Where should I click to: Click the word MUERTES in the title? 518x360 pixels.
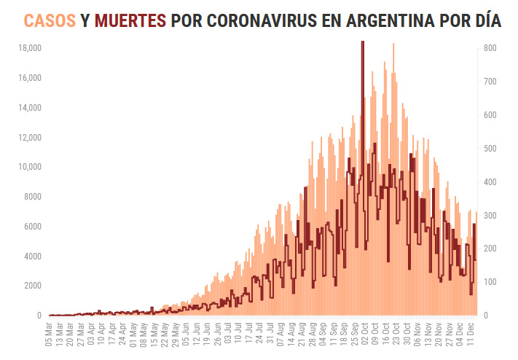pos(129,20)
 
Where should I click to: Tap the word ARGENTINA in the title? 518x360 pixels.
pos(374,20)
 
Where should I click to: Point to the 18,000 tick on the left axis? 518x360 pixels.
pos(29,48)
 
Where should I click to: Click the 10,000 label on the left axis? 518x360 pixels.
pos(29,167)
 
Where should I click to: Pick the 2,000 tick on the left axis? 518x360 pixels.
pos(31,286)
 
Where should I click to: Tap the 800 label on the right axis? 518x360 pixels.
pos(489,48)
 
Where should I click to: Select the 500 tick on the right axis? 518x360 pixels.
pos(489,149)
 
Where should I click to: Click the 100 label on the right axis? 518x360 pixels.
pos(489,282)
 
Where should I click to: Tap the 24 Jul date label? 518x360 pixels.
pos(259,335)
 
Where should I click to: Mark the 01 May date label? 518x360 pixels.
pos(133,335)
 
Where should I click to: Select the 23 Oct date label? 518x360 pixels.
pos(396,335)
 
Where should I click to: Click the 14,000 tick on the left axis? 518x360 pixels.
pos(29,108)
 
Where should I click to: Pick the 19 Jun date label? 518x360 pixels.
pos(208,335)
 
